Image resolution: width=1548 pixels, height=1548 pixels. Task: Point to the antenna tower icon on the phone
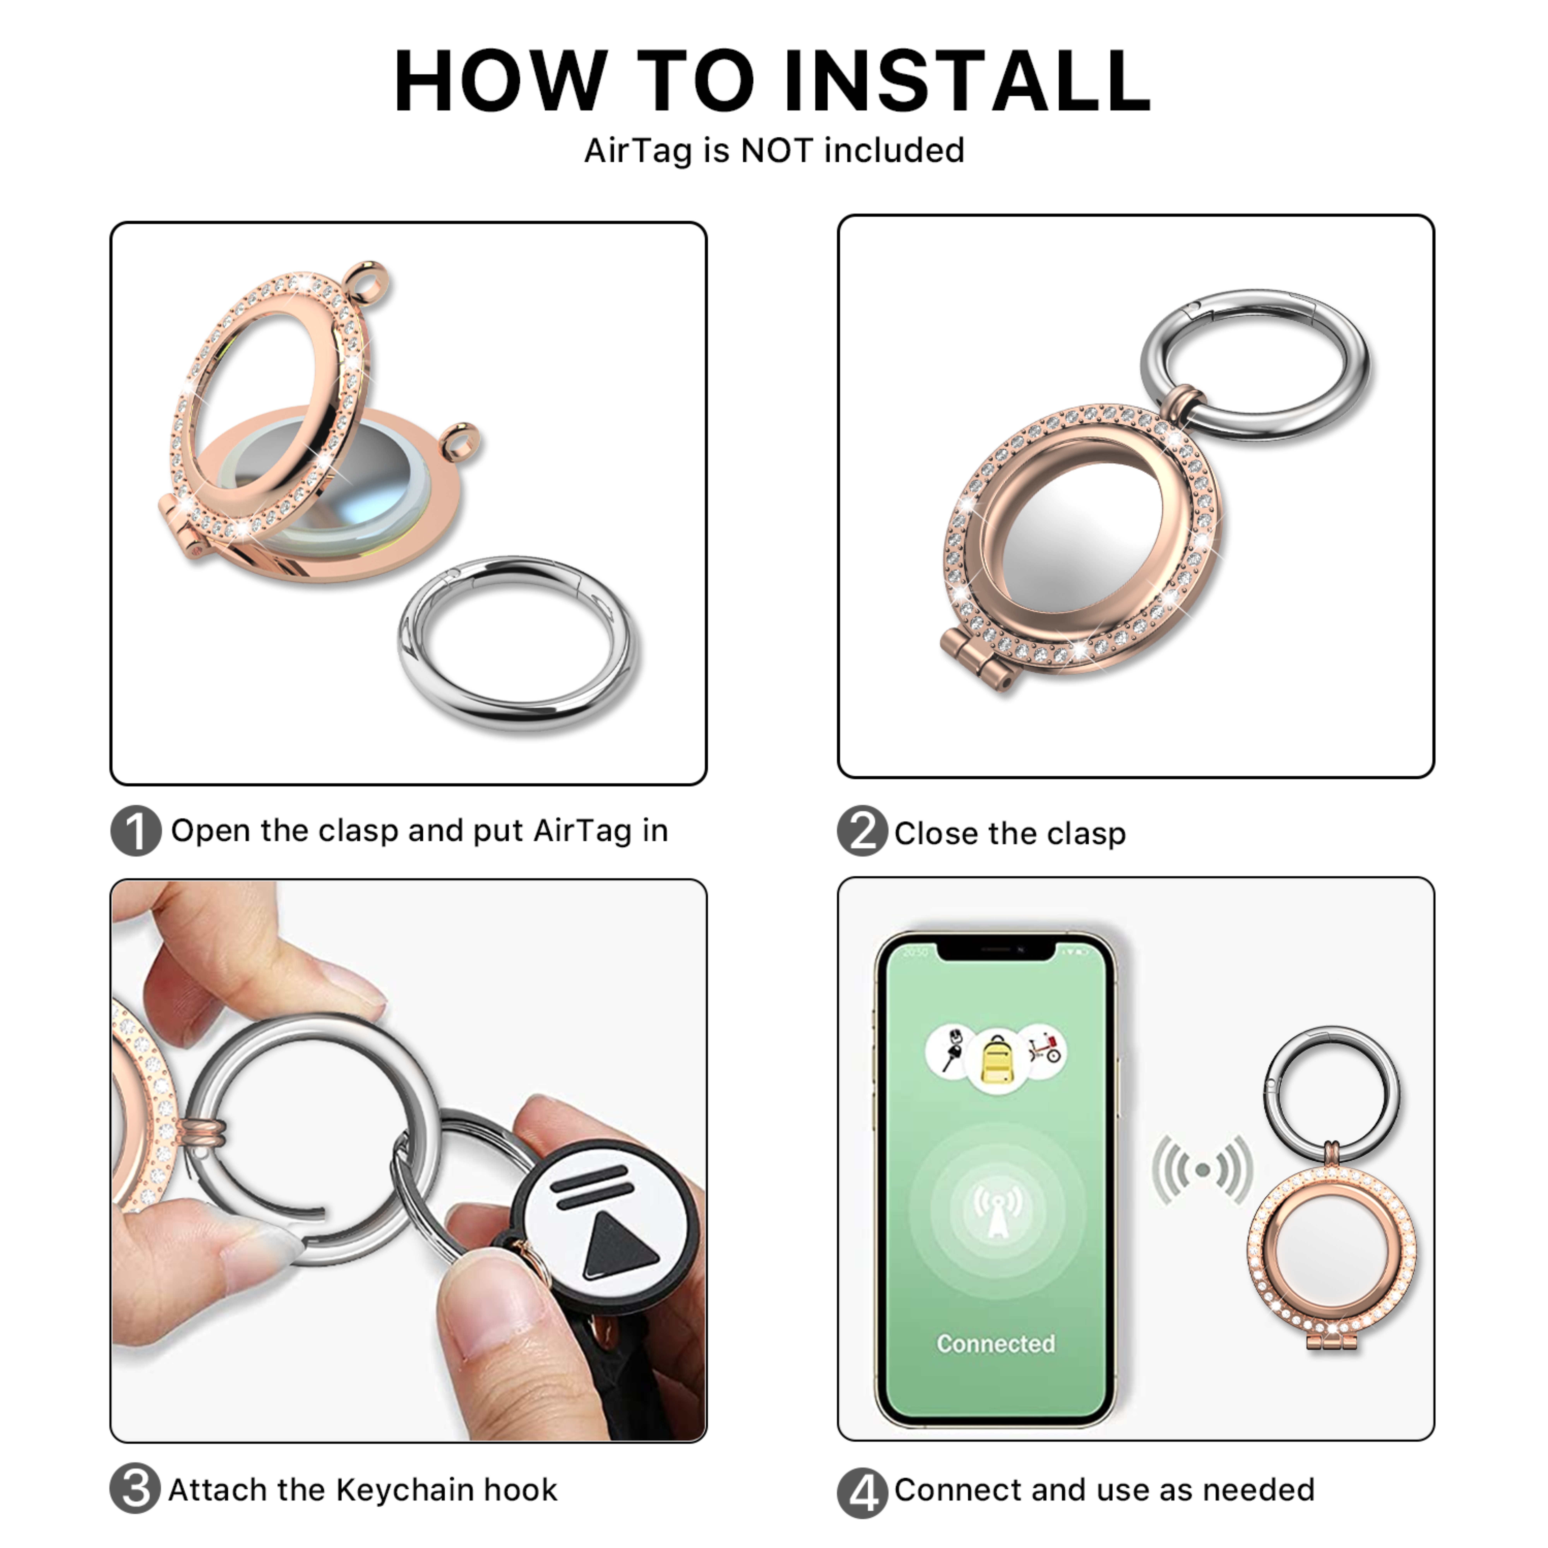tap(997, 1210)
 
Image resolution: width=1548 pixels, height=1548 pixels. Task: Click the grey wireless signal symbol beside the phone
tap(1202, 1170)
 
